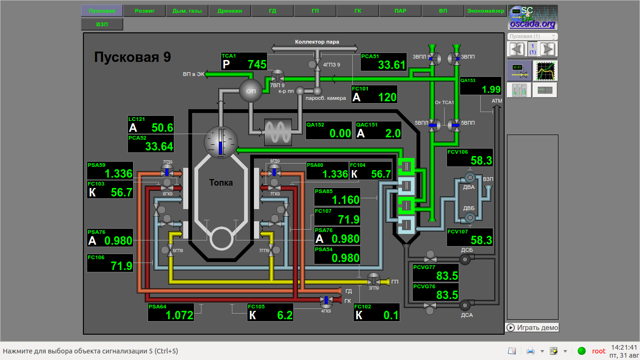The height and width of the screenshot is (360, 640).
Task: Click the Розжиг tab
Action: click(145, 11)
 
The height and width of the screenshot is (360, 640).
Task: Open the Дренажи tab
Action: click(230, 11)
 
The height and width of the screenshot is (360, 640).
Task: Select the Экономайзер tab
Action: click(485, 11)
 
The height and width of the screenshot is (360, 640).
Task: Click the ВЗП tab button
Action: click(102, 24)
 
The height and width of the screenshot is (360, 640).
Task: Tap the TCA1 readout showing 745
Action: click(244, 61)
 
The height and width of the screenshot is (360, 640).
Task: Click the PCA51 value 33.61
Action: click(383, 61)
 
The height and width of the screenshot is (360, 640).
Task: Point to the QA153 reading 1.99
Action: click(481, 85)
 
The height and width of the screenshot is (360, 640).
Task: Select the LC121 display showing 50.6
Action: click(150, 125)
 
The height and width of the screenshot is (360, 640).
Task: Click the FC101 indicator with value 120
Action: click(374, 94)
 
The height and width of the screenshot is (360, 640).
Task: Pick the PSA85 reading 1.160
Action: click(337, 197)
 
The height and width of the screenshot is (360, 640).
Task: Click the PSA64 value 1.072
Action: click(171, 312)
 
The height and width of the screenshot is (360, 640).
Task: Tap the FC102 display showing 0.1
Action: click(376, 312)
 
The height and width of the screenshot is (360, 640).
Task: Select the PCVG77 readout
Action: click(435, 272)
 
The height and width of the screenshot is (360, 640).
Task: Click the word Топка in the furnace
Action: click(221, 183)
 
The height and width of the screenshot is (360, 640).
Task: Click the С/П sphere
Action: click(251, 90)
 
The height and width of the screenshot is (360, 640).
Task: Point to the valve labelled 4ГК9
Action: click(326, 300)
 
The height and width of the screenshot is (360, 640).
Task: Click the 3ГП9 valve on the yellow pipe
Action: click(373, 280)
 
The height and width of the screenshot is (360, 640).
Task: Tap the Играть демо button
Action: click(532, 328)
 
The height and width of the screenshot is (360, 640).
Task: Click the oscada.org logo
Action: click(532, 18)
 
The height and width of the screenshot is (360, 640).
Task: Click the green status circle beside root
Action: click(582, 351)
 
